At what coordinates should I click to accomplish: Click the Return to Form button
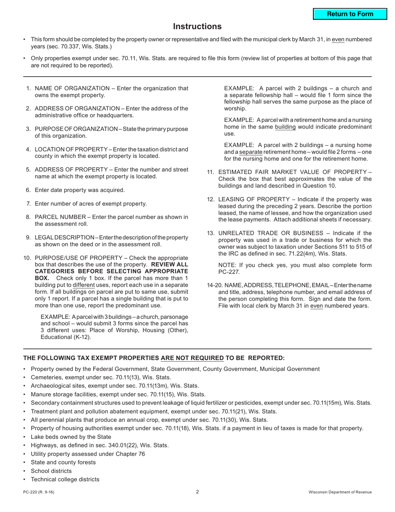350,14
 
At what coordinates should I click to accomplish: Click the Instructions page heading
197,27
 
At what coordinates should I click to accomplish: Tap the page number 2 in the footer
197,492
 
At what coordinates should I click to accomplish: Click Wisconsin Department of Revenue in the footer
340,492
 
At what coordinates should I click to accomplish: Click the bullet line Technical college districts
65,479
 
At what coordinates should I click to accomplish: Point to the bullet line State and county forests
63,462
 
